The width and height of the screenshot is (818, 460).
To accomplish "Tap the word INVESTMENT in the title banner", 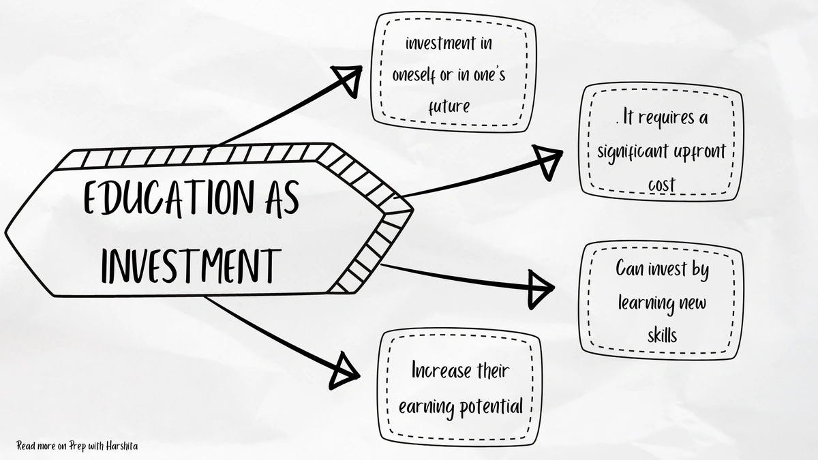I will click(x=191, y=264).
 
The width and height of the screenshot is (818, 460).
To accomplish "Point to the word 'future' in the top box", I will click(x=449, y=107).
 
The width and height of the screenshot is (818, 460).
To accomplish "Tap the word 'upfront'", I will click(x=700, y=151).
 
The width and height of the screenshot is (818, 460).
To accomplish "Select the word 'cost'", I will click(x=661, y=184).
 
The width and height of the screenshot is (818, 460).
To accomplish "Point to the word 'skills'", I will click(x=663, y=334).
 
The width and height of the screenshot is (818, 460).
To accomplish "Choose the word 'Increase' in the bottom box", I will click(x=441, y=372).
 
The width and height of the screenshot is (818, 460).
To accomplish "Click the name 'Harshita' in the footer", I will click(x=123, y=446).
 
